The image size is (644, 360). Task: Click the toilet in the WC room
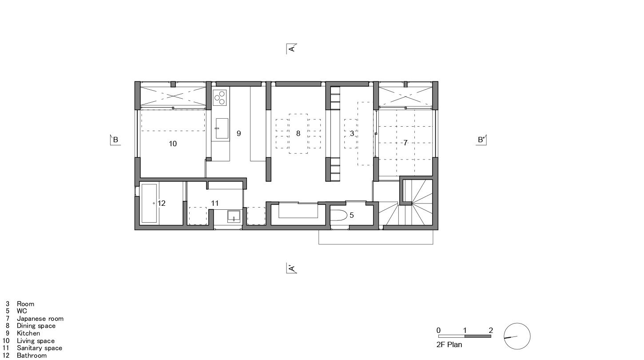pyautogui.click(x=340, y=216)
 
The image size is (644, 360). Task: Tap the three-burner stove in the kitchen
pyautogui.click(x=219, y=97)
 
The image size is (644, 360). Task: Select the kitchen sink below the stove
pyautogui.click(x=222, y=128)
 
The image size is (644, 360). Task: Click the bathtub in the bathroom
pyautogui.click(x=149, y=203)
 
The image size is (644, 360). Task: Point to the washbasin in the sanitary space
pyautogui.click(x=234, y=216)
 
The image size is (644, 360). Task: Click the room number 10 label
pyautogui.click(x=173, y=144)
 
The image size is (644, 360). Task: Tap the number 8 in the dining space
pyautogui.click(x=298, y=133)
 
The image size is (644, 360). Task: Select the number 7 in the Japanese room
pyautogui.click(x=405, y=143)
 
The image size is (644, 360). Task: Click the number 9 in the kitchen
pyautogui.click(x=239, y=133)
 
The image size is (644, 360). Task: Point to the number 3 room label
pyautogui.click(x=352, y=133)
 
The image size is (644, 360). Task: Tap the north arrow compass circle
pyautogui.click(x=517, y=336)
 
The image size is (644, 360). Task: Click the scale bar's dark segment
pyautogui.click(x=478, y=336)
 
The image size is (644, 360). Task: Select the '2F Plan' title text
pyautogui.click(x=449, y=344)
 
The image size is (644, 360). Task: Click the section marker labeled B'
pyautogui.click(x=481, y=140)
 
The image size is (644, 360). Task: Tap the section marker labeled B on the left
pyautogui.click(x=115, y=140)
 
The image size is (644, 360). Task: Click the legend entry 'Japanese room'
pyautogui.click(x=40, y=319)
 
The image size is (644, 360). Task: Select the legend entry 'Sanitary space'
pyautogui.click(x=40, y=348)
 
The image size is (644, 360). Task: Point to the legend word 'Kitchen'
pyautogui.click(x=28, y=333)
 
